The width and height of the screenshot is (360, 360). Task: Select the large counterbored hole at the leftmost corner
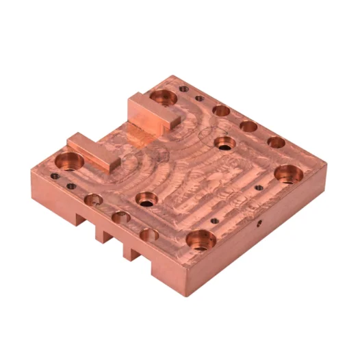(70, 162)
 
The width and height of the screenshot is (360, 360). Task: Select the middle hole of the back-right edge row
(248, 127)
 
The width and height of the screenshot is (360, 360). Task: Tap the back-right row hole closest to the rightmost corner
(276, 142)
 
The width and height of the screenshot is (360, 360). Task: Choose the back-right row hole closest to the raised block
(221, 110)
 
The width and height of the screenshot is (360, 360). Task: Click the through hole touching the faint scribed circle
(224, 143)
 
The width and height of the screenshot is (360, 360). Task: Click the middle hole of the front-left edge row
(121, 217)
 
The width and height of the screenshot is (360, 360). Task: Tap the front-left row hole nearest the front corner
(149, 234)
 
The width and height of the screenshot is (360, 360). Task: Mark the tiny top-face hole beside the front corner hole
(214, 220)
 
